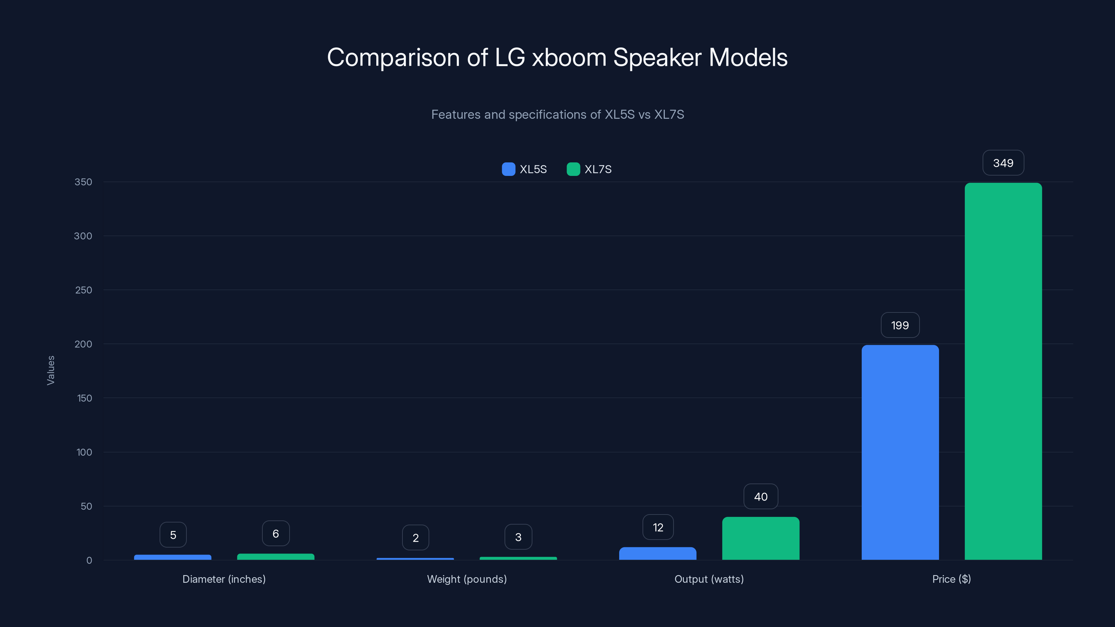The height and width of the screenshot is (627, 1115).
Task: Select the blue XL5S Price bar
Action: pos(900,452)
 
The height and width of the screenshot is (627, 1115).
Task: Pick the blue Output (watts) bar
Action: pos(658,554)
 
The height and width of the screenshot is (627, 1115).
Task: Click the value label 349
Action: pos(1003,163)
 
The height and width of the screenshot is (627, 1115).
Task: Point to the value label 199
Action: pos(900,325)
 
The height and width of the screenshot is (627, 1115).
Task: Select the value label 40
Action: pos(761,497)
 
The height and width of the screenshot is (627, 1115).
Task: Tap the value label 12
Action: pos(658,527)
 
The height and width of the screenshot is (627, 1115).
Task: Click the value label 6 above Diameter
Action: pos(276,534)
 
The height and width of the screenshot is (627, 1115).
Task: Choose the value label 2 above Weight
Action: pos(416,538)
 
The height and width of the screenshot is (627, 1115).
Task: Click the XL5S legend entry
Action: pos(525,169)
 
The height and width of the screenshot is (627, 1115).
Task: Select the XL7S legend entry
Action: pos(590,169)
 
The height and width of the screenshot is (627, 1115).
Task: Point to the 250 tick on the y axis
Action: pos(84,290)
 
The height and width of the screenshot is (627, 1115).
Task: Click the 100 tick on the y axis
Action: pos(84,452)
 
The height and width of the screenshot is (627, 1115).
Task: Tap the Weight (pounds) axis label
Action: pos(467,579)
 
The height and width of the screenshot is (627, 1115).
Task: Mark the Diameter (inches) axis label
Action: pos(224,579)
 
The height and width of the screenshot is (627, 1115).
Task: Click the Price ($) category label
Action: pos(951,579)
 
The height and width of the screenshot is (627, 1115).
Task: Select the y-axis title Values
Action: pos(51,370)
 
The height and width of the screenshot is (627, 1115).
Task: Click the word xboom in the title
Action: pos(569,57)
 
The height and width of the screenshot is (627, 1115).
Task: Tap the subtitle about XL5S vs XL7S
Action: pos(557,115)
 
